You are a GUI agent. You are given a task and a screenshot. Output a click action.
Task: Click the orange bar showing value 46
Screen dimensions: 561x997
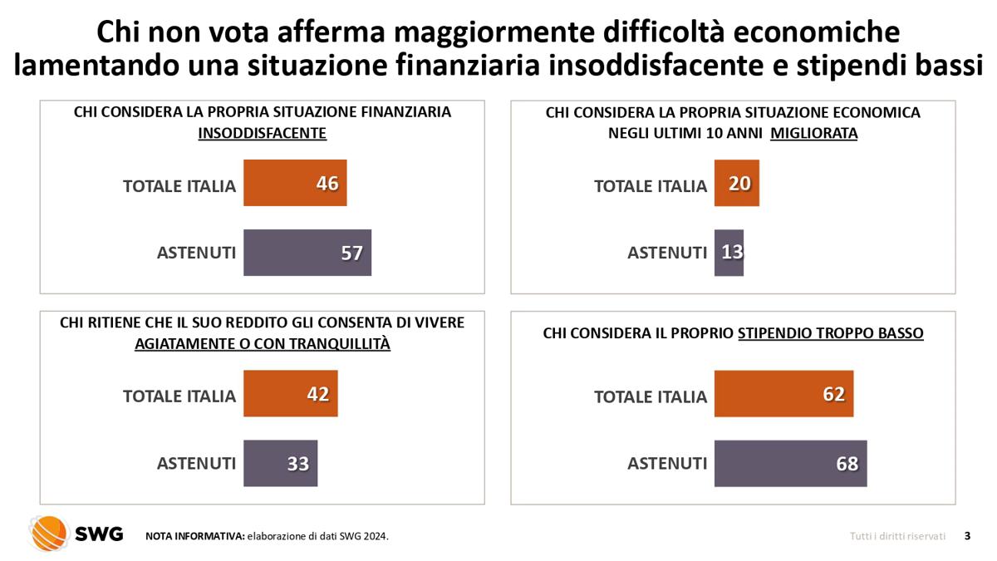tap(295, 183)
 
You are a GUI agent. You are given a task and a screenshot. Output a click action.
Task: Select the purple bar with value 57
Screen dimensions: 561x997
tap(307, 253)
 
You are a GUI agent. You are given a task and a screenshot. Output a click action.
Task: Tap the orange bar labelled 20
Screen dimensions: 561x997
tap(737, 183)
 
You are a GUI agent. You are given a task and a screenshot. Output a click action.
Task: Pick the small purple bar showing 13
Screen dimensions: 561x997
tap(729, 253)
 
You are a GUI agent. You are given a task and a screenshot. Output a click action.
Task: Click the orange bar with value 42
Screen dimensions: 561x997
tap(291, 393)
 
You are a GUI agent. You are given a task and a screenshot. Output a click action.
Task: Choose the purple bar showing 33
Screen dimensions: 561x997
tap(281, 463)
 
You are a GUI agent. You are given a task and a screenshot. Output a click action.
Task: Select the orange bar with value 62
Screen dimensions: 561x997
tap(783, 393)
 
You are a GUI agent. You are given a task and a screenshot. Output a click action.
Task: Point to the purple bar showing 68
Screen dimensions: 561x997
tap(790, 463)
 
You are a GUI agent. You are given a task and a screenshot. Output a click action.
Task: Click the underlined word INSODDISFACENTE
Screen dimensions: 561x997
tap(262, 133)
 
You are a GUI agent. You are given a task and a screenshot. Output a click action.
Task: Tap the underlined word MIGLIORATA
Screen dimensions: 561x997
tap(813, 133)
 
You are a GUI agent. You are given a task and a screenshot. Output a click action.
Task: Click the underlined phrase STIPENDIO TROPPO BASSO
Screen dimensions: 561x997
tap(831, 333)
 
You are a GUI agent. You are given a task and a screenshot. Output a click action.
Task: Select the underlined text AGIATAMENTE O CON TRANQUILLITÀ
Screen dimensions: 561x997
tap(262, 343)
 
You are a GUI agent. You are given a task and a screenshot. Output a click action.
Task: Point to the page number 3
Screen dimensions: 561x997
tap(967, 536)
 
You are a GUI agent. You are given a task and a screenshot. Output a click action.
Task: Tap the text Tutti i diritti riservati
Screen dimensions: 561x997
tap(897, 536)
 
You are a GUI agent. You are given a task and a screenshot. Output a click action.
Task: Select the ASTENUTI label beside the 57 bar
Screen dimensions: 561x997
tap(196, 253)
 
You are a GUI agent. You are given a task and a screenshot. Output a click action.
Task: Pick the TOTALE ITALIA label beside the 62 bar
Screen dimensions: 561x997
tap(650, 396)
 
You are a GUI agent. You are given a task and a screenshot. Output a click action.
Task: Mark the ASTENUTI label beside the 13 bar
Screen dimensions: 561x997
tap(666, 253)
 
